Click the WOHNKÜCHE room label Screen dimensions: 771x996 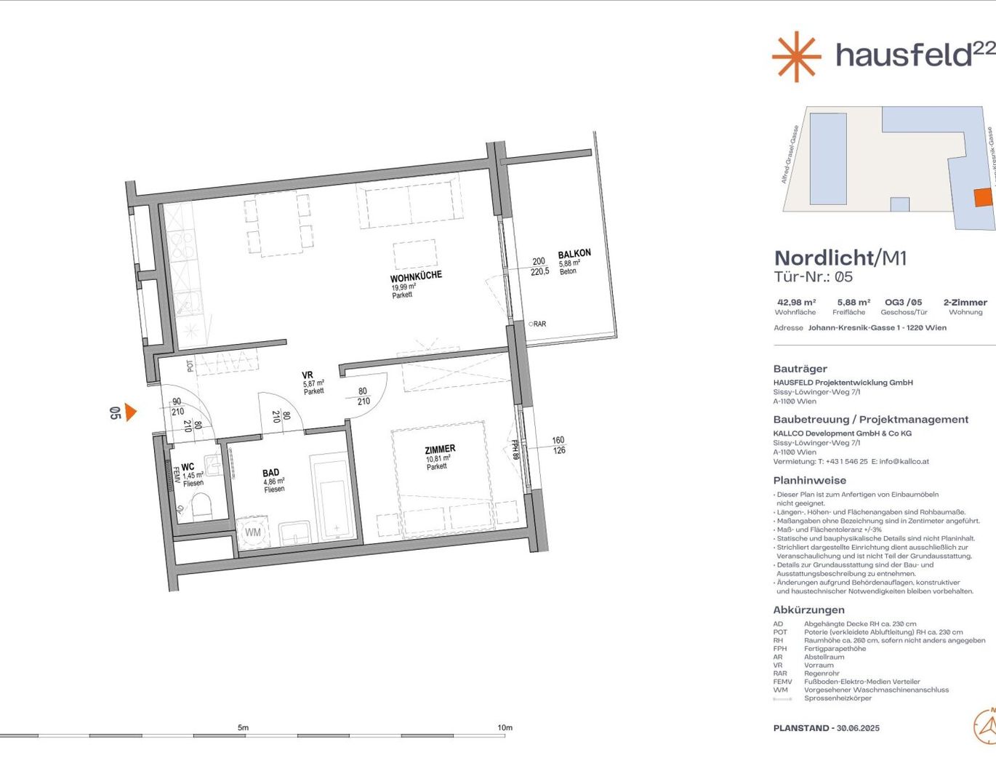416,277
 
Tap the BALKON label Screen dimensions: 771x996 574,254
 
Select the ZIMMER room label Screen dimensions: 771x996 440,450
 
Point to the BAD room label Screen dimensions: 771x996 270,473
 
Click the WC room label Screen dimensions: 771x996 188,467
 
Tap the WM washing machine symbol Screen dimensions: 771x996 252,532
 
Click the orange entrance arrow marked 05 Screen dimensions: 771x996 130,412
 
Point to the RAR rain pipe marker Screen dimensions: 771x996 537,324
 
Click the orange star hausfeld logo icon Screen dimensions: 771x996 796,56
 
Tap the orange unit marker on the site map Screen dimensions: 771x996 983,197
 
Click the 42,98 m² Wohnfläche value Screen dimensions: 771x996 796,303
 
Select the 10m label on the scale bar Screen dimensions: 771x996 505,727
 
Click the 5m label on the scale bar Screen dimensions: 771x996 243,727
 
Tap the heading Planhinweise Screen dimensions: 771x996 809,480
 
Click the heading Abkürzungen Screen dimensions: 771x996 808,610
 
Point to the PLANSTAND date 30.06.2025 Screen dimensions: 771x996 858,728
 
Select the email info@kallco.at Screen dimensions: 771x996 904,461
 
